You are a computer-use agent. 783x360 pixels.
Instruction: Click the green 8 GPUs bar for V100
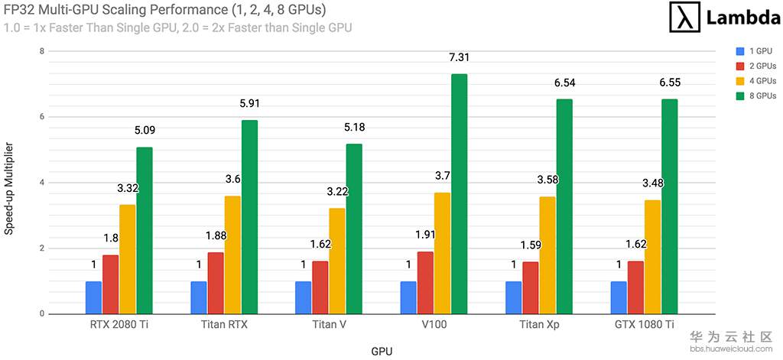point(459,194)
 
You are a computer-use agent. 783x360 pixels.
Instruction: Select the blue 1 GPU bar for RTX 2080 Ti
point(93,297)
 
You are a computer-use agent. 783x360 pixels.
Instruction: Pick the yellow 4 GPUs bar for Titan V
point(336,261)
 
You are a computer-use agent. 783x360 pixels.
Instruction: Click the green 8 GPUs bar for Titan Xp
point(564,206)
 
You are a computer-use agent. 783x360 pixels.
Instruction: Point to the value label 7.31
point(459,57)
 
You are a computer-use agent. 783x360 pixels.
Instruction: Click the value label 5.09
point(145,130)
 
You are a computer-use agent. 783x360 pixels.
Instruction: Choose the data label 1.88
point(216,235)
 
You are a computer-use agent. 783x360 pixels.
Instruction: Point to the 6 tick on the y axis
point(42,117)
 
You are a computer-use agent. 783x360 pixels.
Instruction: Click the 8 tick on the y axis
point(42,51)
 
